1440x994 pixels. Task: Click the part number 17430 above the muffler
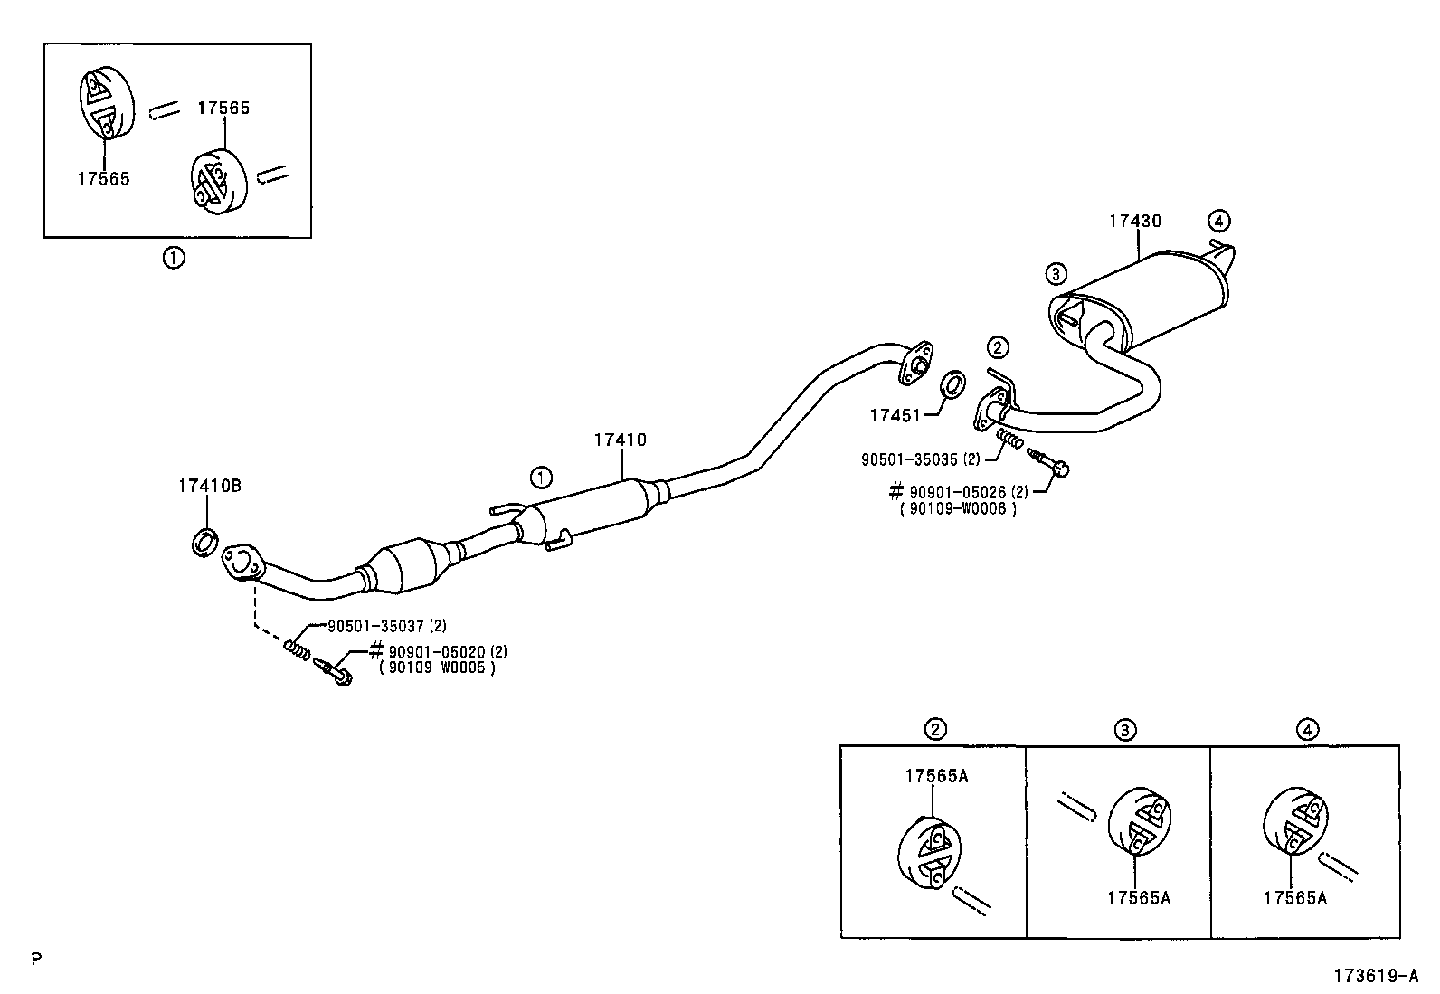(1134, 222)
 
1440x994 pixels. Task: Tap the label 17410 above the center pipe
(620, 440)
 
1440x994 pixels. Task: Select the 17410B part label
(210, 486)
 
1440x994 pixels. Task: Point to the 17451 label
(895, 415)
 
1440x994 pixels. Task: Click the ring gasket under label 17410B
(204, 542)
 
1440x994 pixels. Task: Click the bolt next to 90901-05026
(1047, 461)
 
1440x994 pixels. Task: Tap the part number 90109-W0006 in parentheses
(958, 508)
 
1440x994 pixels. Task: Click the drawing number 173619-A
(1375, 975)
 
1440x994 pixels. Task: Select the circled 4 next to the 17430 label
(1219, 222)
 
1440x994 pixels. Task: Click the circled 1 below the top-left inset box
(174, 259)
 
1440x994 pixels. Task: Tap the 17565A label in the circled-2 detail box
(936, 776)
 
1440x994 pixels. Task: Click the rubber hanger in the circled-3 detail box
(1140, 820)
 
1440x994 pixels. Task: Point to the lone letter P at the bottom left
(37, 960)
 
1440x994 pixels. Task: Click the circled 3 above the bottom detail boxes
(1125, 730)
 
